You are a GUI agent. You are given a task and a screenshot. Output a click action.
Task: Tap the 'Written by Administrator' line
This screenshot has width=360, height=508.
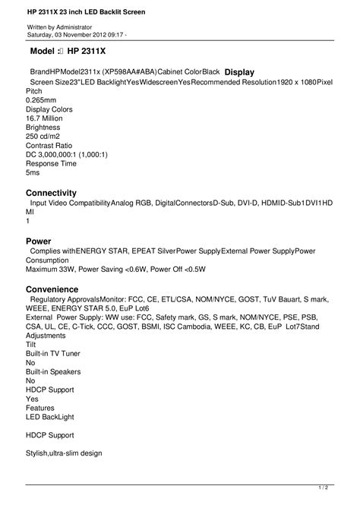(x=59, y=27)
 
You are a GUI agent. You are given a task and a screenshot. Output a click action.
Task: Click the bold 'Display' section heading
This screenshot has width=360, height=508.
(x=239, y=71)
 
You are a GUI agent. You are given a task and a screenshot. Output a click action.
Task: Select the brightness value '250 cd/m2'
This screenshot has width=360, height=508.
(x=45, y=137)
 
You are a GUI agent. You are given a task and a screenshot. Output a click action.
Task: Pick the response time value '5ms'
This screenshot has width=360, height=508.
(x=33, y=172)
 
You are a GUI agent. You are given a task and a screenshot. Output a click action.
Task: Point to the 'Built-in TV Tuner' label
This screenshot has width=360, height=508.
(x=52, y=353)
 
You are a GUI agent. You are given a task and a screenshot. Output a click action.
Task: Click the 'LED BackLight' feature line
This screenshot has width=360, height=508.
(x=51, y=416)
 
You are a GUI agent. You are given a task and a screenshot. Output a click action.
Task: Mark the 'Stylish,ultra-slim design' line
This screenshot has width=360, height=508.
(x=64, y=453)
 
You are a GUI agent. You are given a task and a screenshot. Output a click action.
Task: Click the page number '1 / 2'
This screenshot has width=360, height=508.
(x=322, y=487)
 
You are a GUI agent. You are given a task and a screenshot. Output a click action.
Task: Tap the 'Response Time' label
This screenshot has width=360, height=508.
(x=51, y=163)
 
